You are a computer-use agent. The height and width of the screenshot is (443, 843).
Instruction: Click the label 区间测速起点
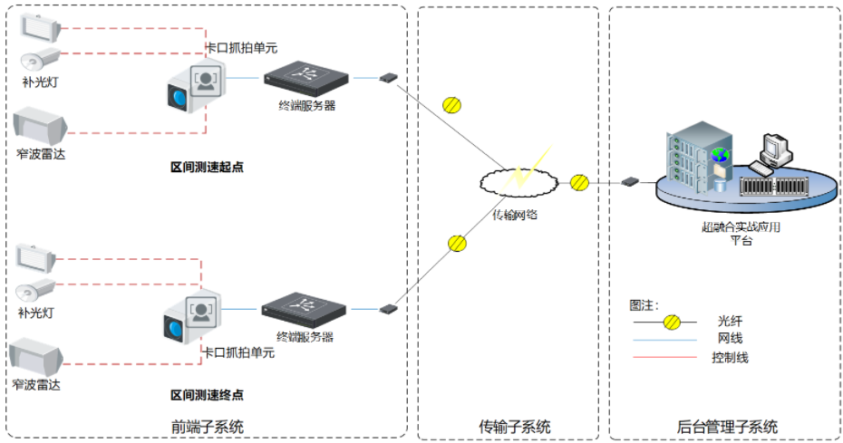point(207,167)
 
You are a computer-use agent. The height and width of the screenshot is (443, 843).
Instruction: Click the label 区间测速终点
point(207,395)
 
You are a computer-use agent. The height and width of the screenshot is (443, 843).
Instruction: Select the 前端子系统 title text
point(207,427)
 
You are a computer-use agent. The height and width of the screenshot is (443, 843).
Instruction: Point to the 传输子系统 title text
point(514,427)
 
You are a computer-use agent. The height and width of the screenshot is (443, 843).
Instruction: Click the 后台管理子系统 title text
point(727,427)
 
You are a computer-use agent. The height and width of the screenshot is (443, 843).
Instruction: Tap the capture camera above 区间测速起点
point(194,89)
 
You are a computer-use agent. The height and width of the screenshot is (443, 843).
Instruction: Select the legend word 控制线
point(730,357)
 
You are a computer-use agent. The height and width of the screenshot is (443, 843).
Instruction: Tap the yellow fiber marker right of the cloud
point(579,182)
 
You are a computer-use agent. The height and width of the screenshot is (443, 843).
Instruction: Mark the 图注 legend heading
point(644,304)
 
